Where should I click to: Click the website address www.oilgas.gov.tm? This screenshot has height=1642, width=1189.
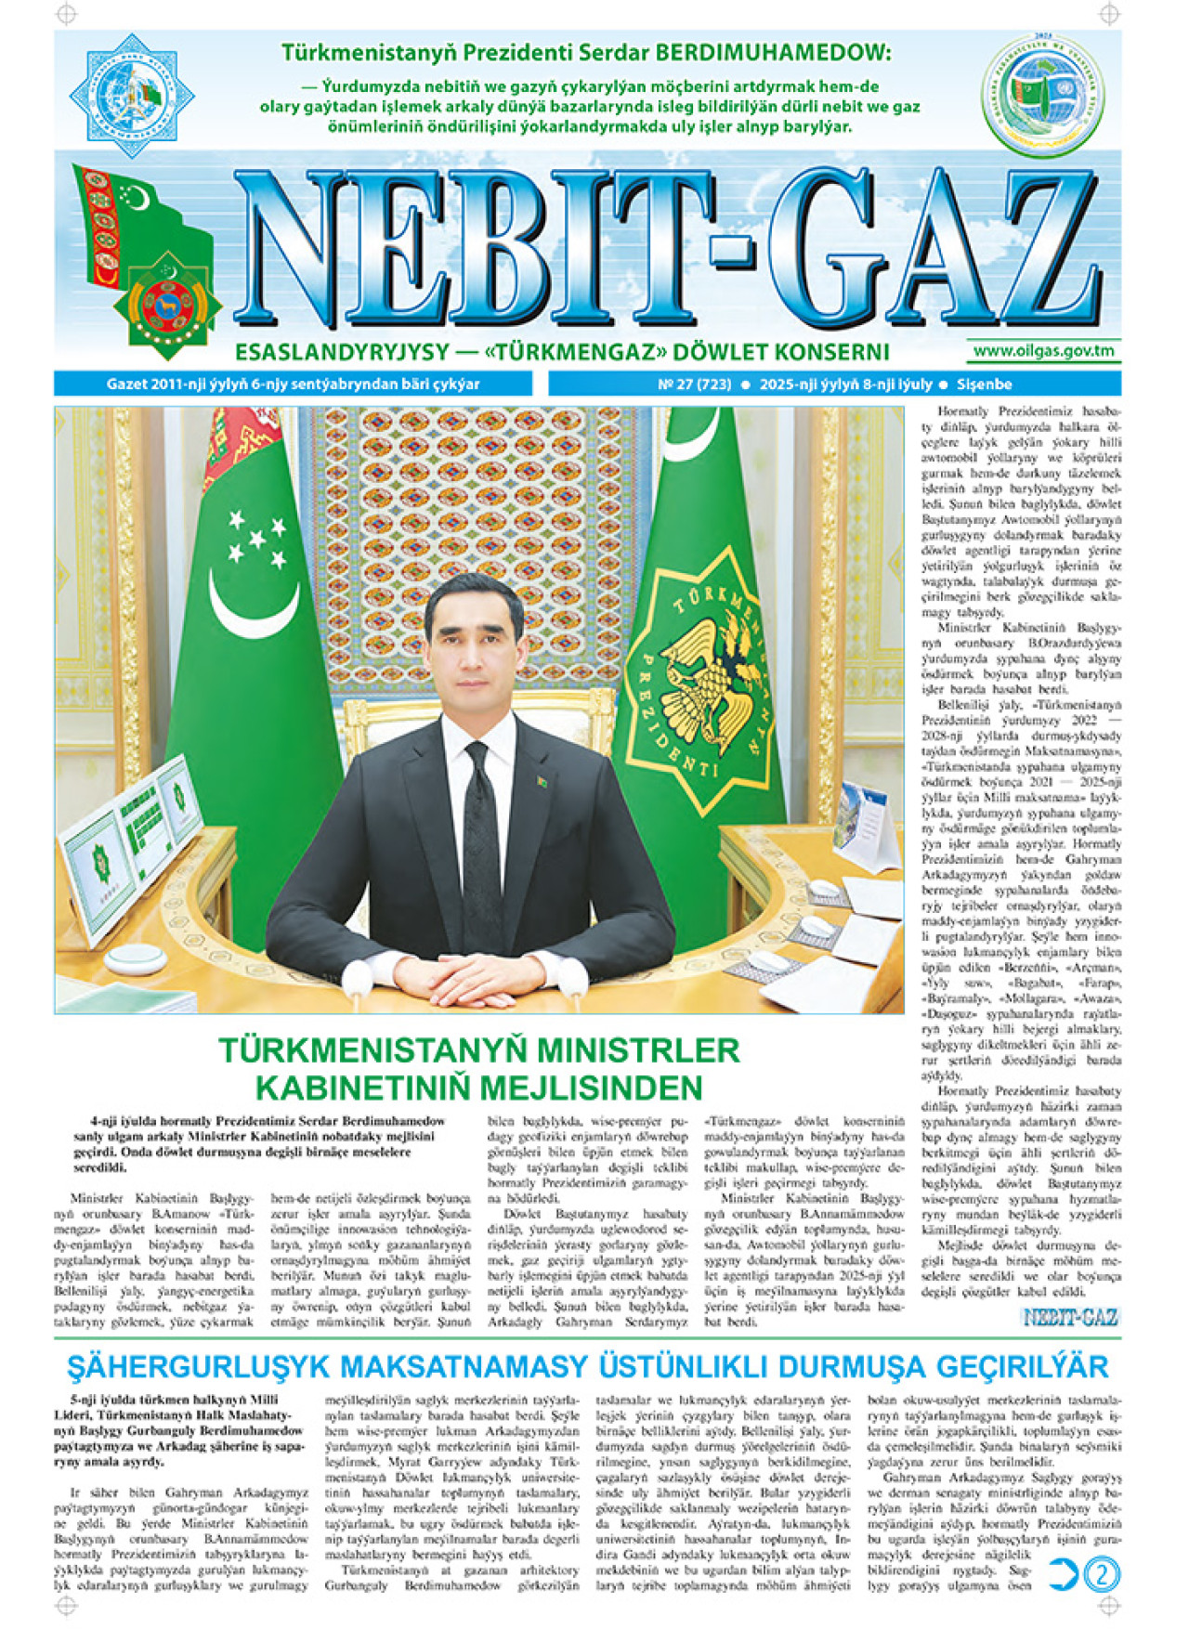[1043, 351]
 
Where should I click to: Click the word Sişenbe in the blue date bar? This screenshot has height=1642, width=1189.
[984, 384]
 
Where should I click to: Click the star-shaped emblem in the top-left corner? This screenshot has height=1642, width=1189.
[132, 95]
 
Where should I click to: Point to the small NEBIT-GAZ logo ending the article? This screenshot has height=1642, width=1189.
[1070, 1317]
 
